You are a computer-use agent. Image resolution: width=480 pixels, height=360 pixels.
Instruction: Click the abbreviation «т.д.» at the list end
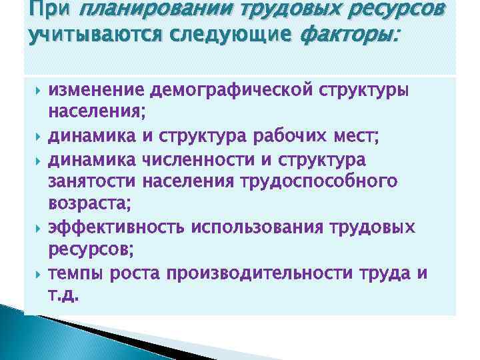(65, 295)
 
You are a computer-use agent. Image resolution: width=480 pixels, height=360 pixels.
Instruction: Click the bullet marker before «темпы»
(37, 274)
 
